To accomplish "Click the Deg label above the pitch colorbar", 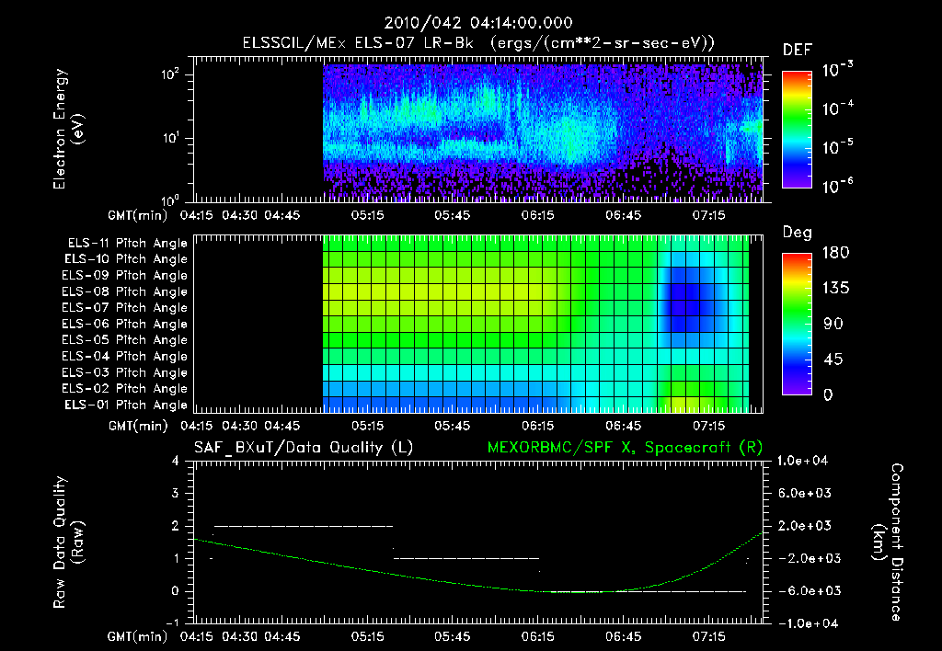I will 796,234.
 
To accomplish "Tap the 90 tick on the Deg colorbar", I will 829,324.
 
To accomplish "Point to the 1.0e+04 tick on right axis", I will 805,462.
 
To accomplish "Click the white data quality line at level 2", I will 304,526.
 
